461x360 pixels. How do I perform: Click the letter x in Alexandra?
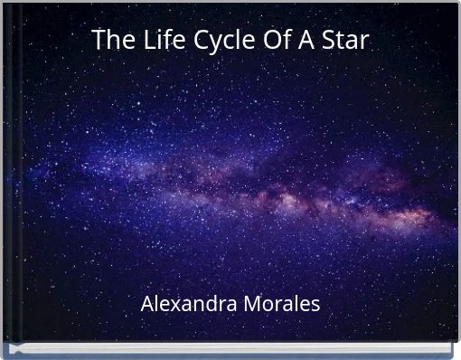coord(172,305)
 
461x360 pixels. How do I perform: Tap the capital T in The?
coord(98,41)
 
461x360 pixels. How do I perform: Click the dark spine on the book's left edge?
coord(5,181)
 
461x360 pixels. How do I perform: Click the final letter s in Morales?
coord(315,306)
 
